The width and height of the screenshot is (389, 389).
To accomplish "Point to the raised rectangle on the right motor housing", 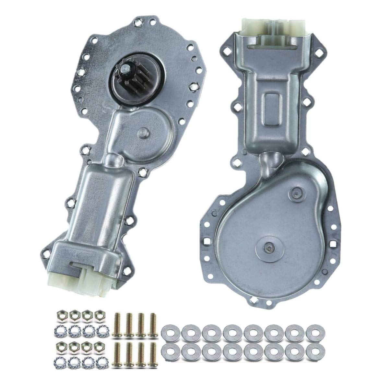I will pyautogui.click(x=272, y=113).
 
